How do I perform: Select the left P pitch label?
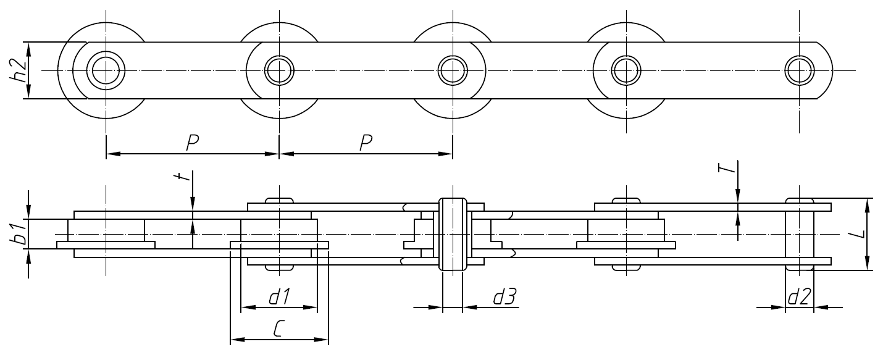click(193, 143)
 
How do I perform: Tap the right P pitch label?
click(366, 143)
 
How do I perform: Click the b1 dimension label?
click(20, 235)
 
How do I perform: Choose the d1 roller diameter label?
click(279, 297)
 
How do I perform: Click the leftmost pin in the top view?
click(106, 70)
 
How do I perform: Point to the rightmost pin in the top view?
click(799, 70)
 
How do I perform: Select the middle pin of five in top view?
click(453, 70)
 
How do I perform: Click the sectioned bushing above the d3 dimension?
click(453, 235)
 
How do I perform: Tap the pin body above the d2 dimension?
click(799, 235)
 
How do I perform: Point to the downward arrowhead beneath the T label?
click(737, 196)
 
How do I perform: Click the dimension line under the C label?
click(279, 340)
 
